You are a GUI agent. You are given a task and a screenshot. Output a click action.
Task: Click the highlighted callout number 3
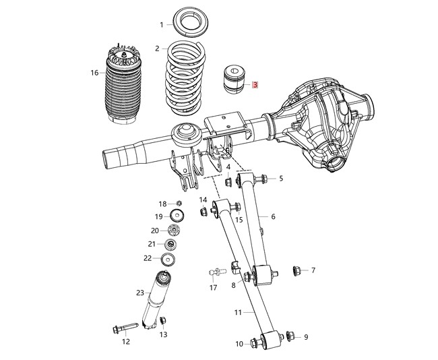tap(255, 86)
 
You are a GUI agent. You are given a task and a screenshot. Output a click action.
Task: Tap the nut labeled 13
tap(162, 322)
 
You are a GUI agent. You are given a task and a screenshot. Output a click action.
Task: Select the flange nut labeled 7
tap(294, 271)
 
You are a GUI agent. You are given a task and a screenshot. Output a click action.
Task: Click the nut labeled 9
tap(290, 335)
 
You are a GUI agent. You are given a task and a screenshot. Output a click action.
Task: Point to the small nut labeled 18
tap(180, 203)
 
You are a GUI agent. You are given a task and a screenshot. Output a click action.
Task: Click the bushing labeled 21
tap(171, 243)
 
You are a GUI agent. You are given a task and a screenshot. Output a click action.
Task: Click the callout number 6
tap(274, 216)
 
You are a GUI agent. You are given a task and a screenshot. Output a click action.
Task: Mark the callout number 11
tap(238, 313)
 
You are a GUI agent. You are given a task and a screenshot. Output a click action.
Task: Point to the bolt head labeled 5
tap(261, 179)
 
